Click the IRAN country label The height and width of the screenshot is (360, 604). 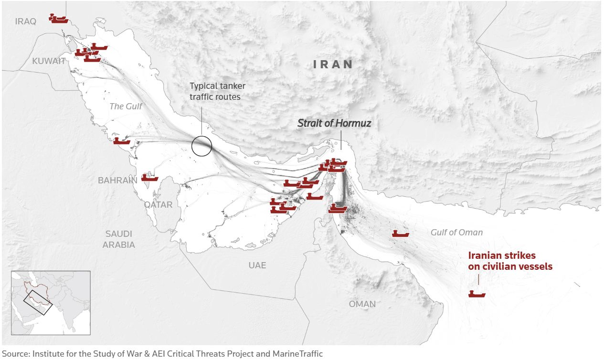click(x=333, y=64)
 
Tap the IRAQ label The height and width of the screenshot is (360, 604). click(x=26, y=21)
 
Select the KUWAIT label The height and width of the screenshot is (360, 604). click(x=49, y=61)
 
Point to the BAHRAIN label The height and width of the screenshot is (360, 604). click(x=117, y=180)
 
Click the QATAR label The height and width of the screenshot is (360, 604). click(x=158, y=204)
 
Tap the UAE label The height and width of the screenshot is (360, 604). click(x=257, y=265)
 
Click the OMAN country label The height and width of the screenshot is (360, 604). click(x=362, y=304)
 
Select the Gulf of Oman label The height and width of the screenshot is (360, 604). click(x=456, y=233)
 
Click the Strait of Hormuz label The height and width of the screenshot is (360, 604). click(x=334, y=123)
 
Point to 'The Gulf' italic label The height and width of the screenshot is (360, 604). click(x=126, y=106)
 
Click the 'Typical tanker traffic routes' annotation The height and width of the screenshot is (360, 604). click(x=217, y=91)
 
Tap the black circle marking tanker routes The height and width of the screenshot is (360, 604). click(x=201, y=146)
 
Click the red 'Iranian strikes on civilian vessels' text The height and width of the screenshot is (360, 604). click(x=510, y=261)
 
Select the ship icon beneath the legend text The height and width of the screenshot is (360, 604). click(x=477, y=294)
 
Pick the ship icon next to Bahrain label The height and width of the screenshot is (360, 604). click(x=150, y=178)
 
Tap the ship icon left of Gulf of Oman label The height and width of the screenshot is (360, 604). click(x=400, y=233)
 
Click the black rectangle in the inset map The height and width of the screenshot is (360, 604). click(x=37, y=302)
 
